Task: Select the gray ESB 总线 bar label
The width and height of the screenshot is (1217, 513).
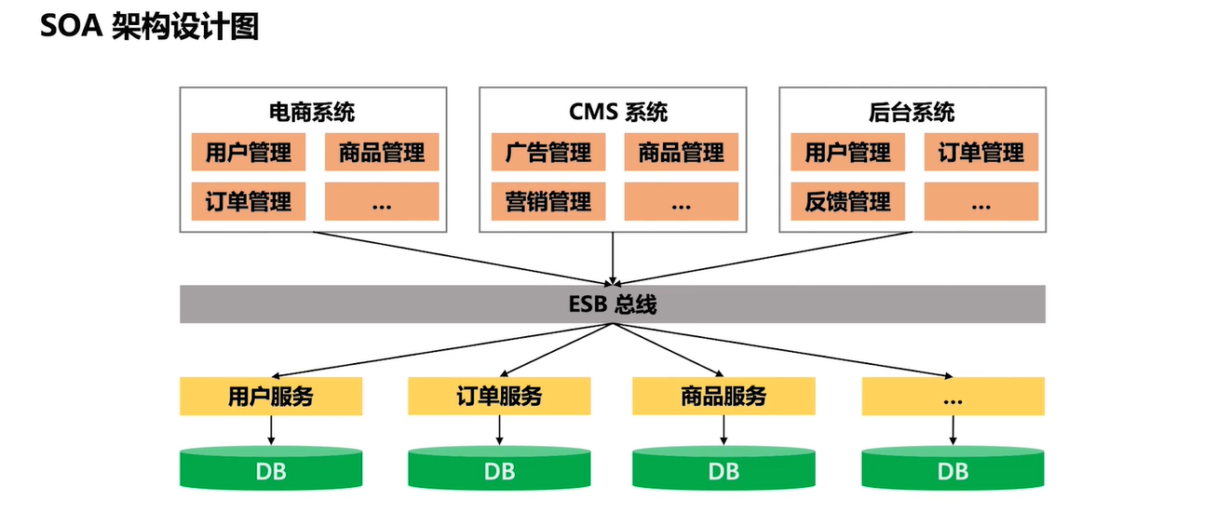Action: point(612,304)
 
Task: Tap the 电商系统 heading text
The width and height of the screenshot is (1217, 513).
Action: point(312,114)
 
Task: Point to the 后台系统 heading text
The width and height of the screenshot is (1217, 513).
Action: point(912,114)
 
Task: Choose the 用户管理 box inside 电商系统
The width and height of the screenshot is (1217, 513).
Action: point(249,153)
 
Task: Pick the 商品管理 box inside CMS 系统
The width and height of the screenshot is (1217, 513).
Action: point(681,153)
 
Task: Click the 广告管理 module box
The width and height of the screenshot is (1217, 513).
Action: point(548,153)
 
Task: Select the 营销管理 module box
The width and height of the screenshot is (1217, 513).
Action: point(548,201)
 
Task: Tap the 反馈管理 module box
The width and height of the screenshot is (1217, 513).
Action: point(848,201)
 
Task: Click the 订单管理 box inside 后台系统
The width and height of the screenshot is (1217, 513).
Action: point(980,153)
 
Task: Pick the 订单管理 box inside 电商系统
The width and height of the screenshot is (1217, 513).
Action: point(249,201)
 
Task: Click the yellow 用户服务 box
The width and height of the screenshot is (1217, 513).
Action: point(271,398)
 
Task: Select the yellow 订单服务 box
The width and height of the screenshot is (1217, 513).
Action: point(499,398)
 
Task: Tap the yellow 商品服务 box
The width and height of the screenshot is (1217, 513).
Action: point(723,398)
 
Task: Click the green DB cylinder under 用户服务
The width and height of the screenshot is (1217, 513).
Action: point(271,470)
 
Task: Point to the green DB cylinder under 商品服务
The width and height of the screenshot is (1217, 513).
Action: point(723,470)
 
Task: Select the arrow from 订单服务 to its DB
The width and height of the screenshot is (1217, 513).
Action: point(500,429)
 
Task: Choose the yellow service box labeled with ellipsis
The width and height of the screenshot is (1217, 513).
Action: point(953,398)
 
